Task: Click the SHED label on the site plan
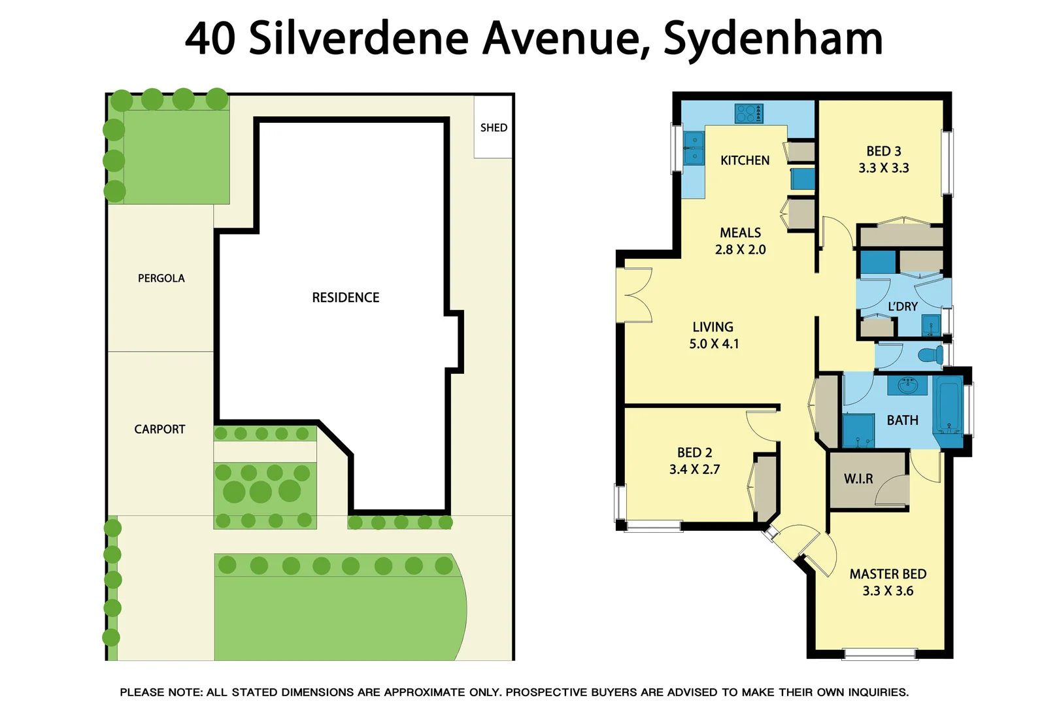coord(494,127)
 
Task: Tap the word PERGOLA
coord(161,278)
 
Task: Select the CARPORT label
coord(160,429)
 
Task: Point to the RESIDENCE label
coord(345,297)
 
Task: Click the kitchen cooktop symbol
coord(748,114)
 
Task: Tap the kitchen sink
coord(694,148)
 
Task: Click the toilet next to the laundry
coord(930,356)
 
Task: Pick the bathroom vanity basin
coord(907,385)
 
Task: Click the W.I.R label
coord(858,479)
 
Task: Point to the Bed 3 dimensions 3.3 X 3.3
coord(884,168)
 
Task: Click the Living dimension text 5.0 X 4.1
coord(714,344)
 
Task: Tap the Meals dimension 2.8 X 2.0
coord(740,250)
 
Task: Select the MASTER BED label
coord(888,574)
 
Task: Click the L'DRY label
coord(902,307)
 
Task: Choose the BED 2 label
coord(694,452)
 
